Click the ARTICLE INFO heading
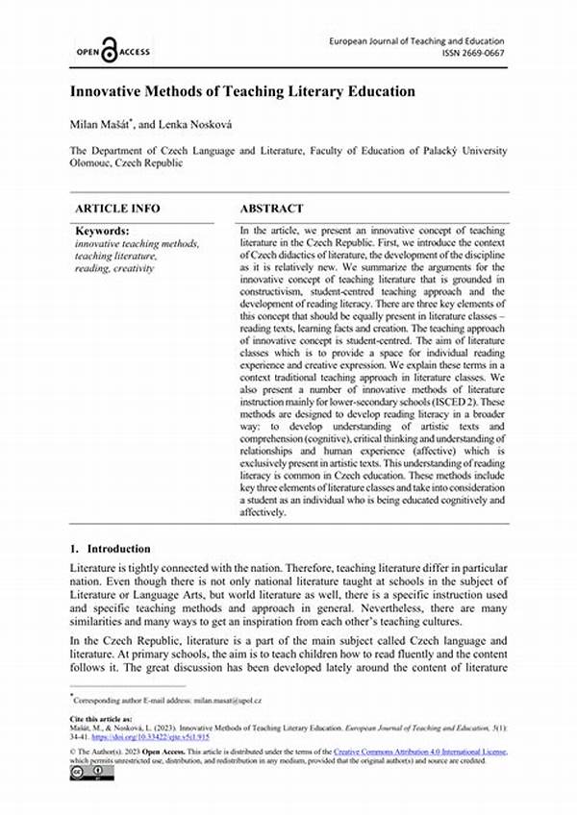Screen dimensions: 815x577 coord(117,208)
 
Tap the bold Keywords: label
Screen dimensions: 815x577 coord(101,232)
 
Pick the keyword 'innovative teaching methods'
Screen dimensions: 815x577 coord(137,244)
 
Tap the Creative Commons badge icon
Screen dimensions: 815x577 coord(80,772)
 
